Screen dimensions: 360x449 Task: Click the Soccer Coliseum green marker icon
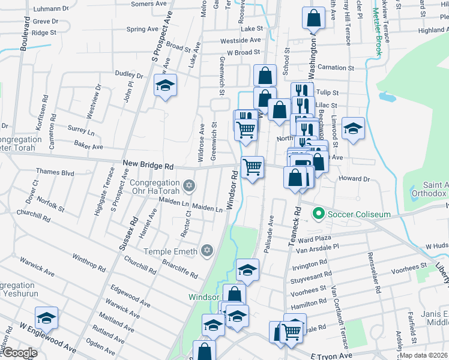[x=319, y=214]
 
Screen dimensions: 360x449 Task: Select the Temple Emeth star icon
[x=207, y=250]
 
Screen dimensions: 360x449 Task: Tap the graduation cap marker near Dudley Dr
[x=165, y=85]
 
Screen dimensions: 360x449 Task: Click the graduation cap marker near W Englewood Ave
[x=46, y=317]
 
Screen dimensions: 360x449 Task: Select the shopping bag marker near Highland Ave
[x=314, y=18]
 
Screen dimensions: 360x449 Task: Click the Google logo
[x=20, y=353]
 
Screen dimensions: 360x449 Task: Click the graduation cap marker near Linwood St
[x=354, y=128]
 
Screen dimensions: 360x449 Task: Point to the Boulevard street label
[x=25, y=33]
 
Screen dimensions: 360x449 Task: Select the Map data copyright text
[x=424, y=355]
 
